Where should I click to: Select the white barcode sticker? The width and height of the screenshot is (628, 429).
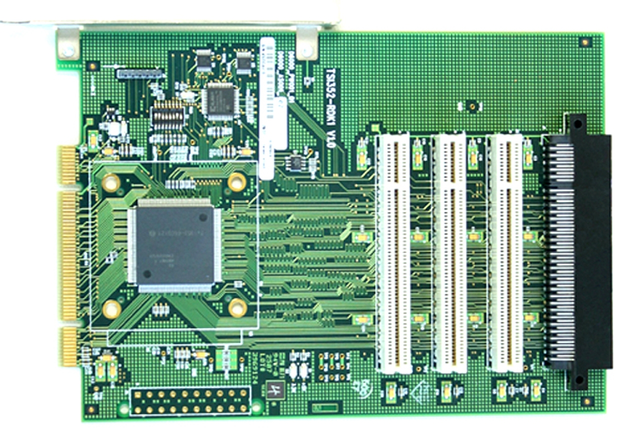coord(267,107)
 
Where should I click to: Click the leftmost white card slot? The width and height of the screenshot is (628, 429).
coord(394,252)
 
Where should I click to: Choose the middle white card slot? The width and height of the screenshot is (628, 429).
coord(449,252)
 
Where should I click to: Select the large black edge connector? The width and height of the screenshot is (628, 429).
coord(580,250)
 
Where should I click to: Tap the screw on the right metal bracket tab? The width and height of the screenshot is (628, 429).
coord(306,49)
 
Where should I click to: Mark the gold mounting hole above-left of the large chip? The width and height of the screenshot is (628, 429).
coord(110,183)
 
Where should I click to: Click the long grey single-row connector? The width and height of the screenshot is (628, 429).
coord(140,73)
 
